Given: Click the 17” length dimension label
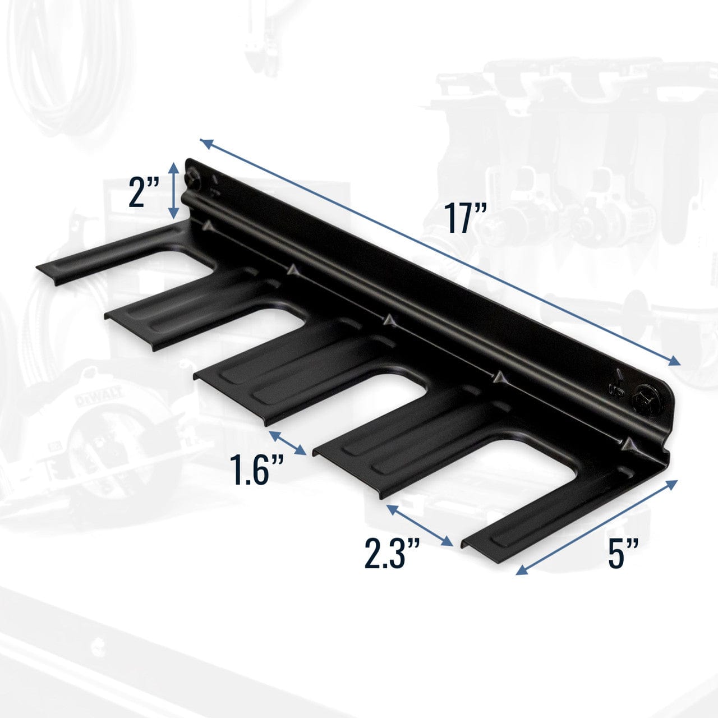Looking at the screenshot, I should tap(465, 218).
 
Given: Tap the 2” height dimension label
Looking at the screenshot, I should tap(144, 192).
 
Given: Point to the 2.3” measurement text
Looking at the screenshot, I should tap(392, 553).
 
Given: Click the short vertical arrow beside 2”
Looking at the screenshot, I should tap(174, 190).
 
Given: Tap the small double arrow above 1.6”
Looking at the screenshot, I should tap(288, 443).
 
